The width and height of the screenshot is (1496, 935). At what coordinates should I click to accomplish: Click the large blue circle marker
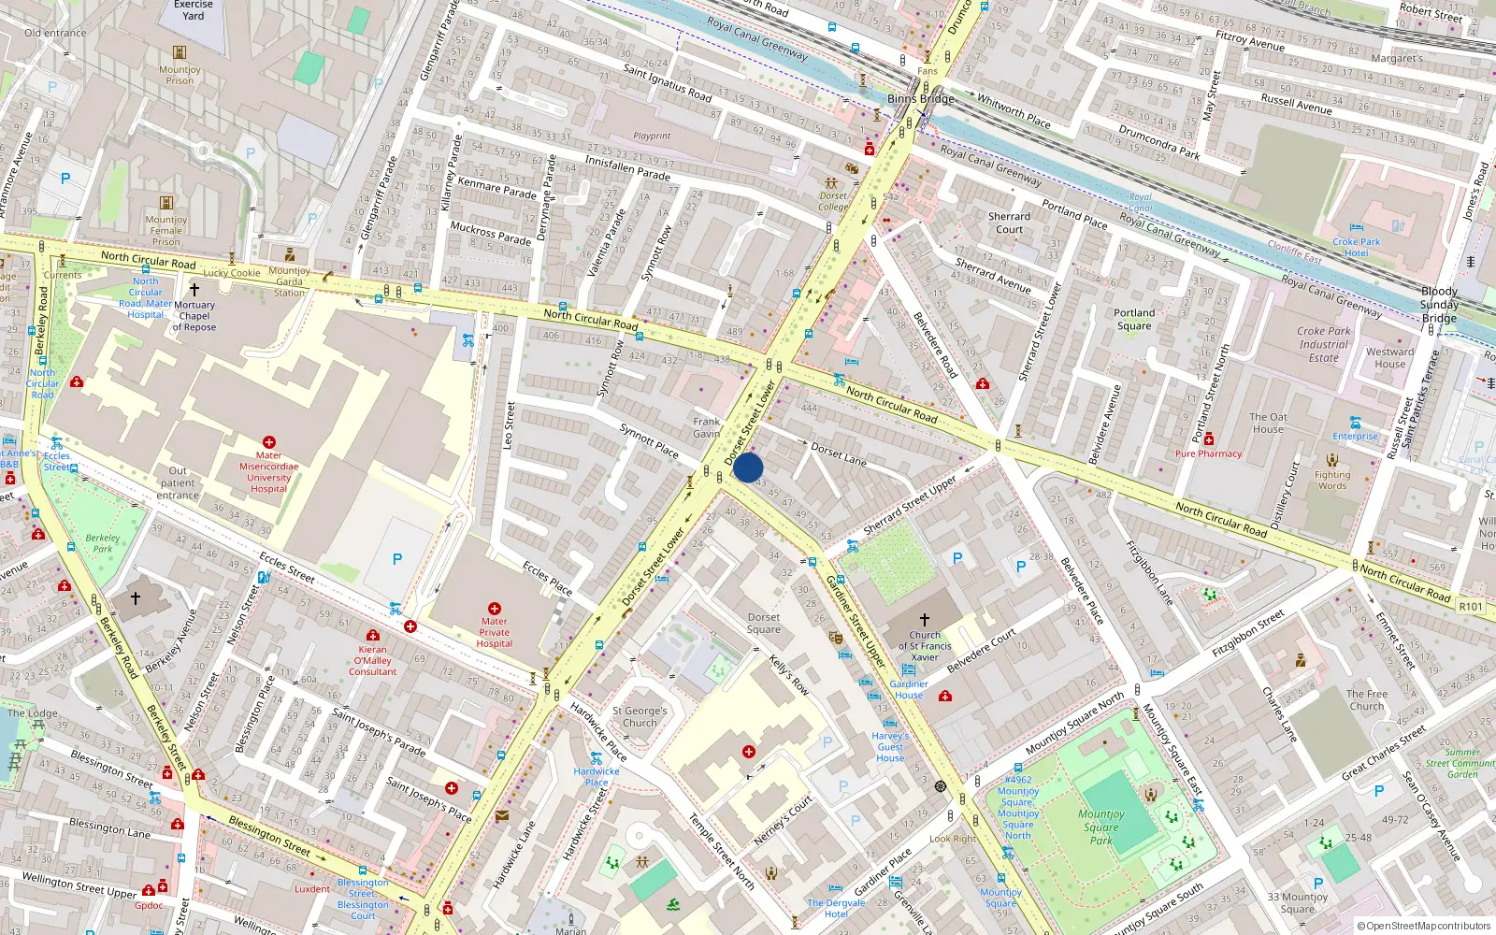click(x=748, y=467)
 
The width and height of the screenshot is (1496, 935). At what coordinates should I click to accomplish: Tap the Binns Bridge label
click(x=921, y=98)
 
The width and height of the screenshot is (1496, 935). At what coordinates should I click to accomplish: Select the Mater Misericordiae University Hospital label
click(x=268, y=472)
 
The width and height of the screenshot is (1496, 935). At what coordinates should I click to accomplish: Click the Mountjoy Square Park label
click(x=1100, y=827)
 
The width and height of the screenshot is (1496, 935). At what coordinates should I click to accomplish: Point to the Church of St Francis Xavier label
click(x=925, y=645)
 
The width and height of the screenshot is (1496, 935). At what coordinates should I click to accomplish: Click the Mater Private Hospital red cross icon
click(x=495, y=609)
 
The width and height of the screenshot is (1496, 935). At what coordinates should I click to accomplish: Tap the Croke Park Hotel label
click(x=1356, y=247)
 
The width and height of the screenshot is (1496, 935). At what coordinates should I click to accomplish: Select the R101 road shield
click(x=1470, y=606)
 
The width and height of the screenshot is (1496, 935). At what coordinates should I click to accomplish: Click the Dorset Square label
click(x=764, y=623)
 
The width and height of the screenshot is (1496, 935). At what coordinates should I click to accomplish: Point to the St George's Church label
click(x=640, y=716)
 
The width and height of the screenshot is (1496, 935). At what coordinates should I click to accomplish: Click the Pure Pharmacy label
click(x=1208, y=453)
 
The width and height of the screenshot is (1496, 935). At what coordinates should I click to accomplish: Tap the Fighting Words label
click(x=1332, y=480)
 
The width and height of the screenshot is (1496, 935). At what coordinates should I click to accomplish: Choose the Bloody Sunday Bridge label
click(x=1439, y=305)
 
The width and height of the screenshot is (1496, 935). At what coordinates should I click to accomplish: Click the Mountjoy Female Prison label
click(x=166, y=230)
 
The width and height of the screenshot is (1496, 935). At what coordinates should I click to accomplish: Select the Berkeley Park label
click(x=103, y=543)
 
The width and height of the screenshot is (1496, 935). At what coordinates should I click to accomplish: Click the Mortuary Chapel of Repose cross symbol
click(x=194, y=290)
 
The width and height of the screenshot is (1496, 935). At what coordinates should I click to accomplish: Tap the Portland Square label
click(x=1134, y=320)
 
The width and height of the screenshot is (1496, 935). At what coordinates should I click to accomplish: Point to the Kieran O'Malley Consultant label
click(x=372, y=660)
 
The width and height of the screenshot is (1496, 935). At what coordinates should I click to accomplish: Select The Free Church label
click(x=1367, y=699)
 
